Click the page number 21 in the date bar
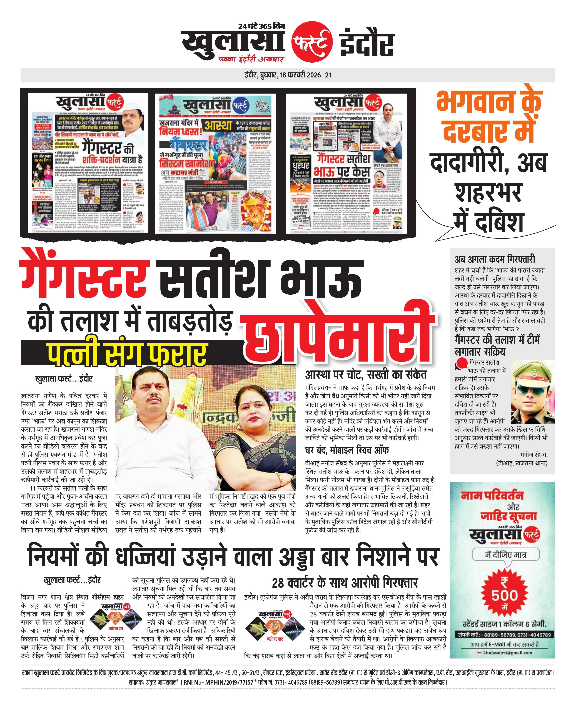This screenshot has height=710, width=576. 328,75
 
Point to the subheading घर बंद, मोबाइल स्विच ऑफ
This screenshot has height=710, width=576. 347,450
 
